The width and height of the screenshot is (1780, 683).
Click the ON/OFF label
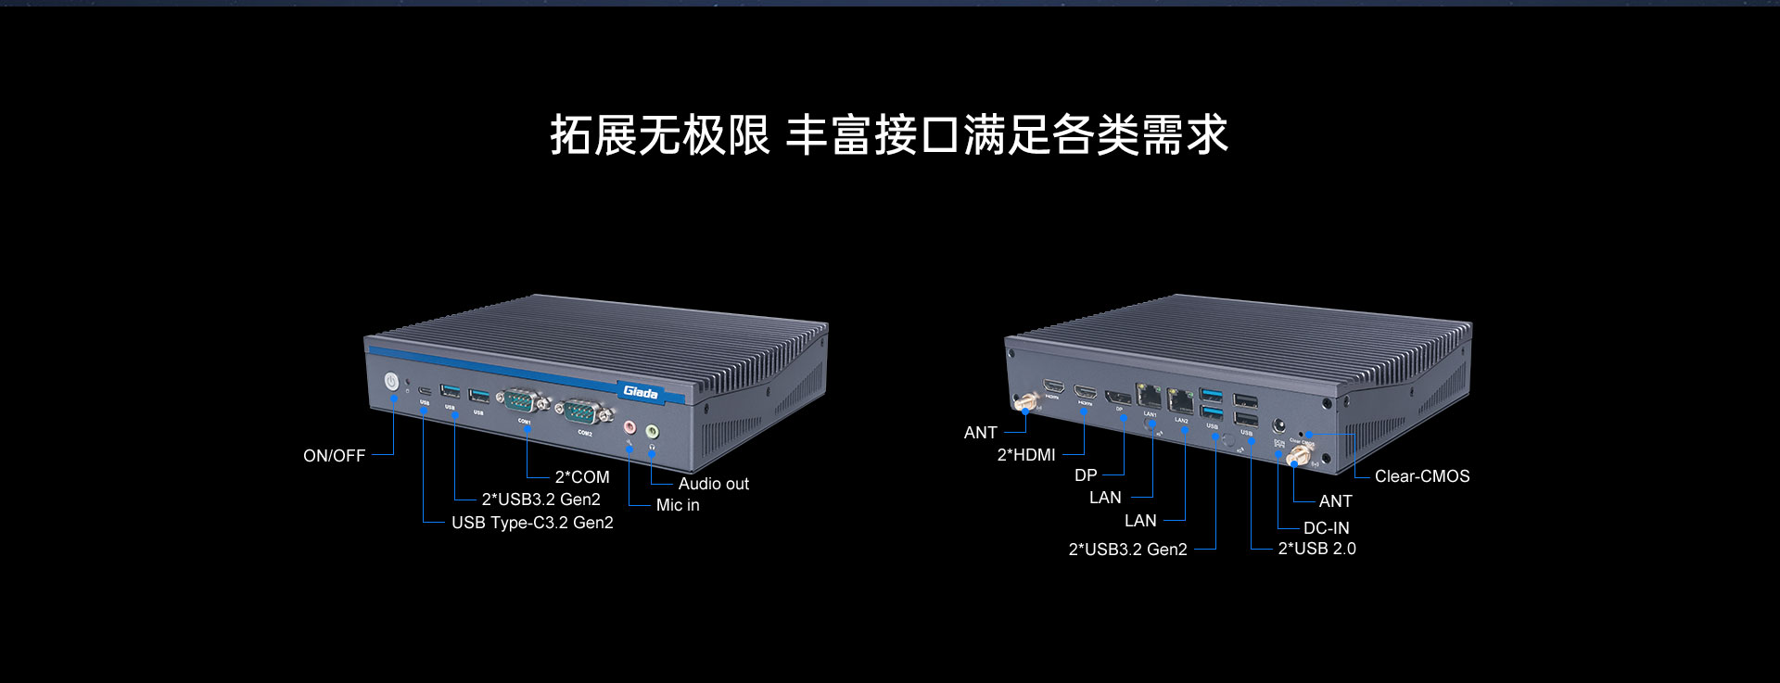coord(334,456)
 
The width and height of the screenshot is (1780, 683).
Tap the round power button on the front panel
coord(391,381)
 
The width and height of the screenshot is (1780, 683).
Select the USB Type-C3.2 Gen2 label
coord(532,523)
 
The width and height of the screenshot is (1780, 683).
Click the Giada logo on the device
coord(640,392)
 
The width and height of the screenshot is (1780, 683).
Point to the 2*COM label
coord(582,477)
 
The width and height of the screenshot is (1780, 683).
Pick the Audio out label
coord(713,484)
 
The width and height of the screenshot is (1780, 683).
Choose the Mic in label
coord(678,505)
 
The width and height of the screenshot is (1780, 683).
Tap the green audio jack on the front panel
coord(652,431)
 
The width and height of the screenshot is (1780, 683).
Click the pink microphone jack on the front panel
coord(629,428)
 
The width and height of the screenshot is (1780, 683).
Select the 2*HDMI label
coord(1026,455)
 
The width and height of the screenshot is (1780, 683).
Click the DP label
coord(1086,475)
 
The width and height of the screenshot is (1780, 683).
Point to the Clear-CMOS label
coord(1422,476)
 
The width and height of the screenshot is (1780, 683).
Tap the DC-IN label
coord(1326,528)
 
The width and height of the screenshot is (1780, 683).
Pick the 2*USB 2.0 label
coord(1316,549)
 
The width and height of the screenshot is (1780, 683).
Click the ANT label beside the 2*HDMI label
coord(980,433)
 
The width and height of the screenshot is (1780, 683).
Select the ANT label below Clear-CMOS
coord(1335,501)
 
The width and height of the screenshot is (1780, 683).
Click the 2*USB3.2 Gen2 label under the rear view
coord(1127,550)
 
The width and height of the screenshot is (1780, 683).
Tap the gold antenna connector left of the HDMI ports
coord(1026,403)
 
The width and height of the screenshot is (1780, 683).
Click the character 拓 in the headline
coord(572,135)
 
